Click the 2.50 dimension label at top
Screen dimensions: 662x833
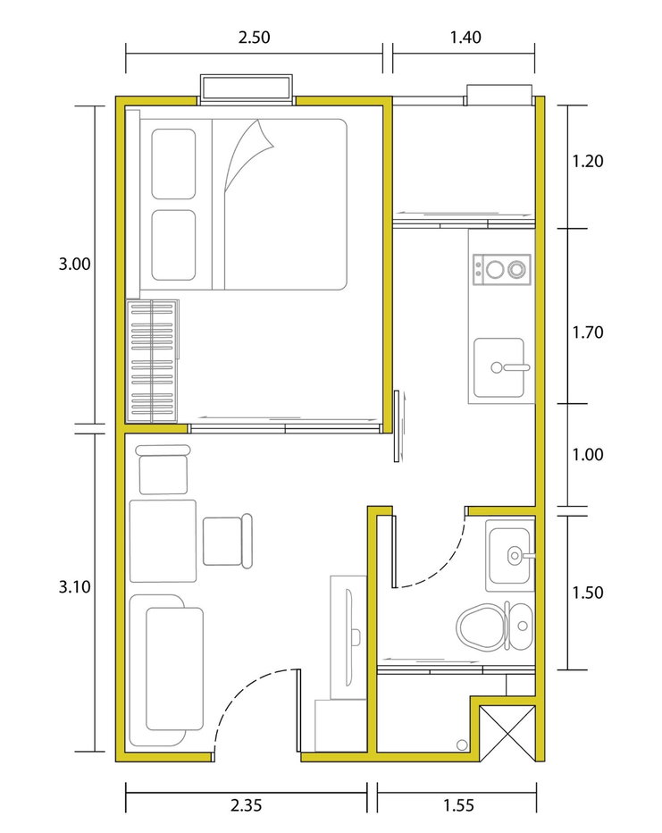[x=254, y=38]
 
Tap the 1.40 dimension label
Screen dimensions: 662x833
[x=465, y=38]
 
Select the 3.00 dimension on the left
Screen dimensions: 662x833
[x=74, y=264]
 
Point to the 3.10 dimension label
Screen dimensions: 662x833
[x=74, y=587]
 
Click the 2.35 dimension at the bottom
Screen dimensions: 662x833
[x=246, y=805]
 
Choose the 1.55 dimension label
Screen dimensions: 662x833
[x=458, y=805]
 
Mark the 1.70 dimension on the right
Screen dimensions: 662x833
[x=587, y=332]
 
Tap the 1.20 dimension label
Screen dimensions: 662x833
[x=587, y=161]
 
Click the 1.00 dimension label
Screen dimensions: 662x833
[x=587, y=455]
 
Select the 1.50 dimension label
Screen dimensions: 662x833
[x=587, y=593]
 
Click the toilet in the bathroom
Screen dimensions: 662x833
[x=494, y=627]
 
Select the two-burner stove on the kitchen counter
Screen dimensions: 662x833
[x=502, y=269]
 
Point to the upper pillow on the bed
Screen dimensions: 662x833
[x=173, y=164]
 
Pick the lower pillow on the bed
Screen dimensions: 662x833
[x=173, y=245]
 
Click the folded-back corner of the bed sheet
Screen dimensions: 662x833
[x=248, y=156]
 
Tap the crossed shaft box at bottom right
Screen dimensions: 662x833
[x=507, y=733]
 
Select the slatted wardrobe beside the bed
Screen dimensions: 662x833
[x=152, y=361]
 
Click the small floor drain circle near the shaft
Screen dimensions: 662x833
[x=462, y=745]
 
